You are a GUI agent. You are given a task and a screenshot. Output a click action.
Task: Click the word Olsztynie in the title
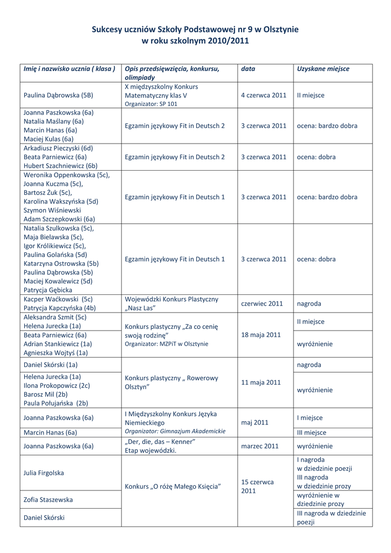[x=277, y=29]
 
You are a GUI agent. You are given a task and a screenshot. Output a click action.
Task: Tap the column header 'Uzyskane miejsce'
[x=323, y=69]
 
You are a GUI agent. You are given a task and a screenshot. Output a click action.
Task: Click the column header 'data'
[x=248, y=69]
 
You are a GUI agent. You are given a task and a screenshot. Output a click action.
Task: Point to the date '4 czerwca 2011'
[x=263, y=95]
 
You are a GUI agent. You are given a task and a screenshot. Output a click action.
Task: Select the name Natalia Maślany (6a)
[x=53, y=122]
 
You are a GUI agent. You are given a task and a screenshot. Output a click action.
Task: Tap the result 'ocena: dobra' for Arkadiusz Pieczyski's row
[x=316, y=157]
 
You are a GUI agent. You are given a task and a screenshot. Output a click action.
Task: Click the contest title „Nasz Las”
[x=140, y=308]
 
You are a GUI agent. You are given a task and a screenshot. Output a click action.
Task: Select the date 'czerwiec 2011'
[x=262, y=304]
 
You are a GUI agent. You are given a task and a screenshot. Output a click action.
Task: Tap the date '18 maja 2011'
[x=261, y=335]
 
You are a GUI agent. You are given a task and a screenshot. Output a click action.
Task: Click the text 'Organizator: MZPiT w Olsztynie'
[x=167, y=344]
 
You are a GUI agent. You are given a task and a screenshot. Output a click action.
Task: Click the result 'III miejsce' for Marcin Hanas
[x=312, y=433]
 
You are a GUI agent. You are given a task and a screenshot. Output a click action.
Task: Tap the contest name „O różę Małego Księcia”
[x=173, y=487]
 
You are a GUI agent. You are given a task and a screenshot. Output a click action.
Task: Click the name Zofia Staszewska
[x=48, y=500]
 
